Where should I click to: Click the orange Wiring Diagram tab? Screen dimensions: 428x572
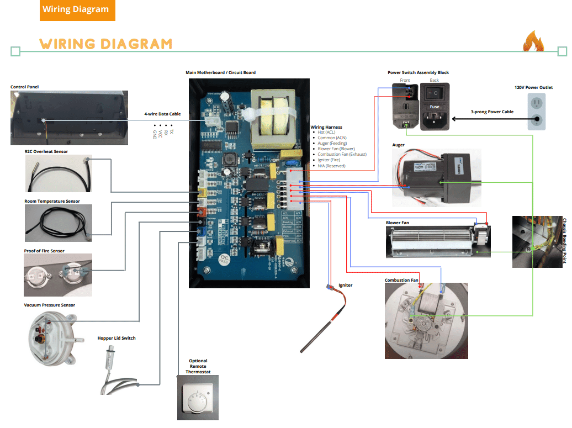tap(76, 9)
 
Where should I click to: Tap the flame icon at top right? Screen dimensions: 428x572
tap(533, 42)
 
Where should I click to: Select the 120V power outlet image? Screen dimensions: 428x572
tap(536, 111)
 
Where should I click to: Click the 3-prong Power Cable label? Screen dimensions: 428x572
tap(492, 112)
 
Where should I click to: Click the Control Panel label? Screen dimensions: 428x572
tap(25, 87)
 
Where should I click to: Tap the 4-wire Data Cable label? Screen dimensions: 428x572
tap(162, 114)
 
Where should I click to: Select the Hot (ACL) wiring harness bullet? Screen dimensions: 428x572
tap(326, 132)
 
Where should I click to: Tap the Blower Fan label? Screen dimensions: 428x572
tap(398, 223)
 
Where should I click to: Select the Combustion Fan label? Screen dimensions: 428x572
tap(401, 280)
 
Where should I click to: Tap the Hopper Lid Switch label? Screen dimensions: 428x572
tap(116, 338)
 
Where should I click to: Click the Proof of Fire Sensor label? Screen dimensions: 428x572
tap(44, 251)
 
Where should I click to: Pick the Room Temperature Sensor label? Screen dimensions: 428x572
tap(52, 201)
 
